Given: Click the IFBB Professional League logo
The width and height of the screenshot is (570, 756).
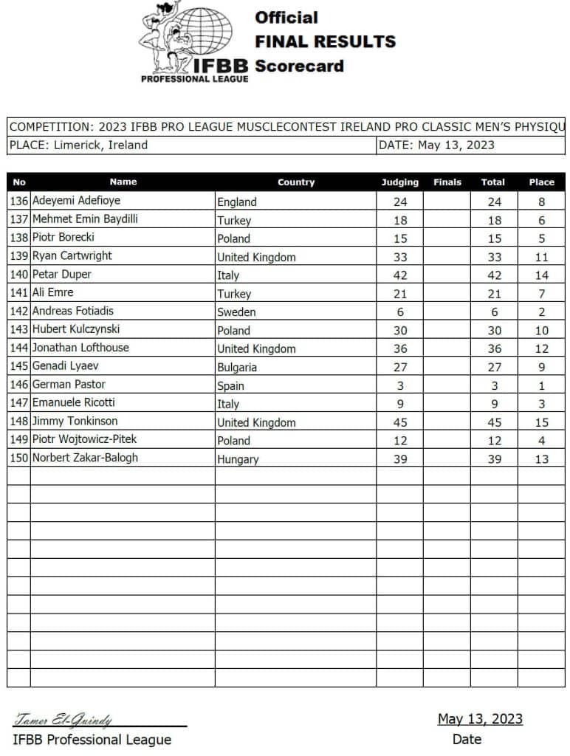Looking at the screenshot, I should click(x=193, y=41).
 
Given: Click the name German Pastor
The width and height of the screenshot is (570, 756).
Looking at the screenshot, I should click(x=69, y=385).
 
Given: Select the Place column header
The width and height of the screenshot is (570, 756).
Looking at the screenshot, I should click(x=541, y=182).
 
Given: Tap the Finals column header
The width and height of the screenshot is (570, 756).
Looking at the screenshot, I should click(x=447, y=182).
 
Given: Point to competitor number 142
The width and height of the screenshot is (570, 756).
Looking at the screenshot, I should click(x=19, y=312).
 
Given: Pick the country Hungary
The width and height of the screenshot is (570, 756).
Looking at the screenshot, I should click(x=238, y=459).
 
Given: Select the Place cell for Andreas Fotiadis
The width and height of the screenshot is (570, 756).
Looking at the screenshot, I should click(x=541, y=312).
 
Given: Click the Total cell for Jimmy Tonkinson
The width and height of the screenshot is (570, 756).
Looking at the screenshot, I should click(x=494, y=423).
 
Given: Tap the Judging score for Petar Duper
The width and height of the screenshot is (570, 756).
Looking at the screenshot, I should click(x=399, y=275).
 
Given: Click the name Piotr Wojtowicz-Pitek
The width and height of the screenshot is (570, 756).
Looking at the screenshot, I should click(x=84, y=440).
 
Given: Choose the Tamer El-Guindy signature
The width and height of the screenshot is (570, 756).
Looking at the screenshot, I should click(x=63, y=721).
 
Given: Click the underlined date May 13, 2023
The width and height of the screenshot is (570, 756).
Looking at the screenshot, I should click(x=480, y=719).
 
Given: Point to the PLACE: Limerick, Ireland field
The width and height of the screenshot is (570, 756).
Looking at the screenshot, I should click(x=78, y=145).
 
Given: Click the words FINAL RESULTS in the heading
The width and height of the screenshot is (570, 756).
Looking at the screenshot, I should click(x=325, y=41).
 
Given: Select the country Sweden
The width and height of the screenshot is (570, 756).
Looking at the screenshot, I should click(x=236, y=312).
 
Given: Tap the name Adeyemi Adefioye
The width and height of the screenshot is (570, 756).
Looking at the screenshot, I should click(x=76, y=201).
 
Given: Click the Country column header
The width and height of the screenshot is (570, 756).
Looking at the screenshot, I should click(x=295, y=182).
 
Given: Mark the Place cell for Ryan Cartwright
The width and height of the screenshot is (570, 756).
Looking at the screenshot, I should click(x=541, y=257).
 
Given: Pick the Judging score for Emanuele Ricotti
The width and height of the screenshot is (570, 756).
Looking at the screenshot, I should click(x=399, y=404).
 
